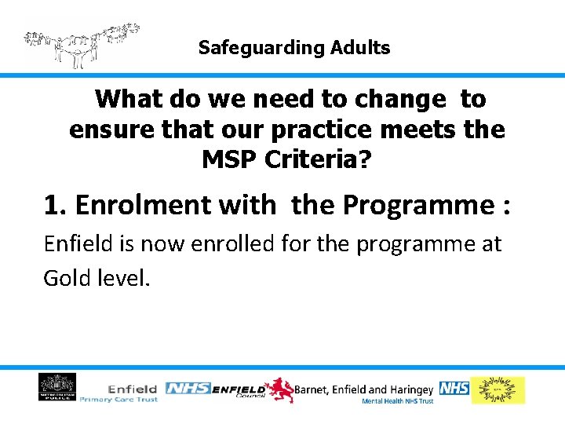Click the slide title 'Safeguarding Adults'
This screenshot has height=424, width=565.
(294, 48)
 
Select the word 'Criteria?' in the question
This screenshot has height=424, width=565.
(322, 159)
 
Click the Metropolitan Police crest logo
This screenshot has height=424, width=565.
(57, 388)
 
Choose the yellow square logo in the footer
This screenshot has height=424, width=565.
(498, 390)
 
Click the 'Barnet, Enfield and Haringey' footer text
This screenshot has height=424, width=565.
(364, 389)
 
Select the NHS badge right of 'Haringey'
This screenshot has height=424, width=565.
(454, 388)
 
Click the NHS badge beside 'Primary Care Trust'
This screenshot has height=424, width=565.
(187, 389)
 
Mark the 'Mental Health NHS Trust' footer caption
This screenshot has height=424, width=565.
(397, 401)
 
